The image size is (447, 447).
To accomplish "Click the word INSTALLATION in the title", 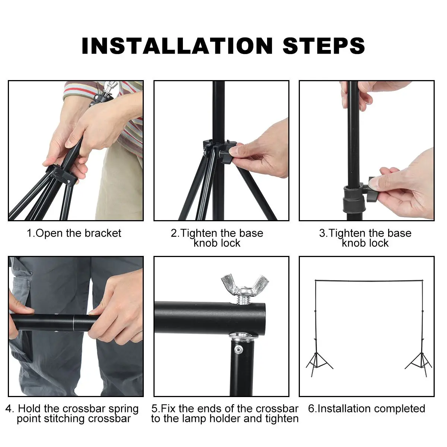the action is click(177, 46).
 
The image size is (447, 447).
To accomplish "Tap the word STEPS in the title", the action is click(324, 46).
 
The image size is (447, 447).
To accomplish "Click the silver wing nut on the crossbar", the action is click(245, 285).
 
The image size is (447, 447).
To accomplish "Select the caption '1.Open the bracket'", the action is click(74, 233).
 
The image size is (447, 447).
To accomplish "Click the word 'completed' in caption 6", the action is click(397, 409).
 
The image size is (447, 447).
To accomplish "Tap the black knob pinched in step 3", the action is click(372, 188).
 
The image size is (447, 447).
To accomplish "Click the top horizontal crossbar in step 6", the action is click(369, 281).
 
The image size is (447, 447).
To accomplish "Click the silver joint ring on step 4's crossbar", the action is click(73, 323).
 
